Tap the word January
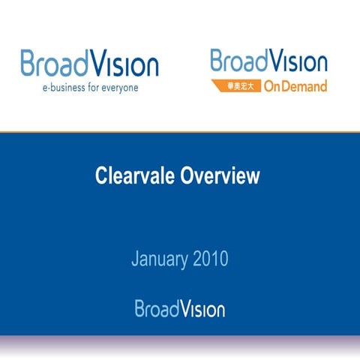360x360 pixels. (x=159, y=260)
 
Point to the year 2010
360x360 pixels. (x=210, y=260)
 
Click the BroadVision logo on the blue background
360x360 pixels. (x=180, y=308)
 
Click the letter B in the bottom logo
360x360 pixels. (x=140, y=308)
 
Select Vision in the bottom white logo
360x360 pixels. (x=201, y=308)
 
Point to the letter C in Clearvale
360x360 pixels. (x=103, y=176)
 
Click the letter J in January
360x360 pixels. (x=136, y=260)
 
